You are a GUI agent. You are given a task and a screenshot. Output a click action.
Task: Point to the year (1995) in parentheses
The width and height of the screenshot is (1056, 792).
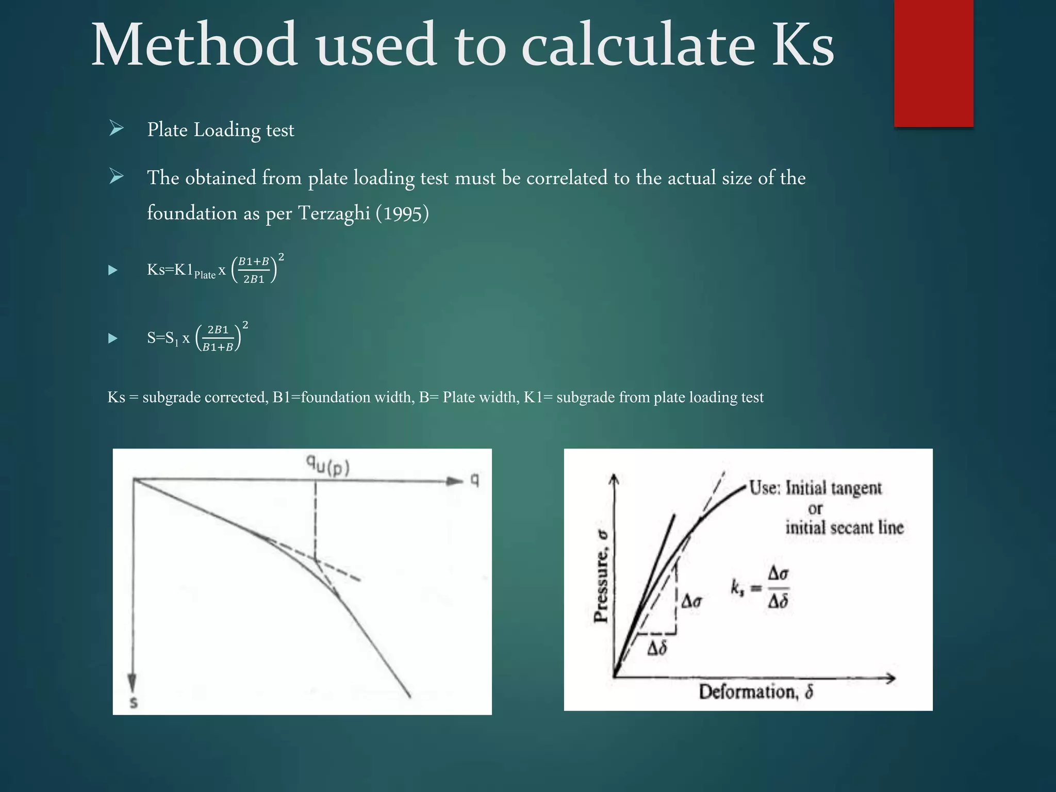402,213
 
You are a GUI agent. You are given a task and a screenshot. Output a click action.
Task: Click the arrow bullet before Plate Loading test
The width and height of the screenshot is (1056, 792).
117,129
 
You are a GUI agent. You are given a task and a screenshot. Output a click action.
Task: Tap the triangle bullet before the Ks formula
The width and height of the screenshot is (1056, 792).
113,270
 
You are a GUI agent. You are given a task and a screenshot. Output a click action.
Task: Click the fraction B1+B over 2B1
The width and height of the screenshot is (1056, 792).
254,270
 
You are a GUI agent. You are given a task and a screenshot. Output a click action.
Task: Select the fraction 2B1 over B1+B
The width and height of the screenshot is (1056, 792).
218,338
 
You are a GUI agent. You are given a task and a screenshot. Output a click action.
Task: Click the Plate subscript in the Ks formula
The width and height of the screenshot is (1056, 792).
205,275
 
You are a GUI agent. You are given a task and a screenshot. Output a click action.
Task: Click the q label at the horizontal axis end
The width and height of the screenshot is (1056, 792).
475,481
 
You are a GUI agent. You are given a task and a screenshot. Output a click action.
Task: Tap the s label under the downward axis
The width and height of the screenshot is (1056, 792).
134,702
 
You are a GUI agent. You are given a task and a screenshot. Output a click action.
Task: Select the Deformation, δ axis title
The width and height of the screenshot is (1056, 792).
756,691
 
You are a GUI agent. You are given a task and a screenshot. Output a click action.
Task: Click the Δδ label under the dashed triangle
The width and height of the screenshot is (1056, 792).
657,648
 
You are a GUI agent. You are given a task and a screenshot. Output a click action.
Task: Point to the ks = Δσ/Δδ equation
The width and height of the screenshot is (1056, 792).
760,587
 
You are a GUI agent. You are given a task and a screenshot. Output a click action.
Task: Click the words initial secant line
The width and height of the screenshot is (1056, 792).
844,527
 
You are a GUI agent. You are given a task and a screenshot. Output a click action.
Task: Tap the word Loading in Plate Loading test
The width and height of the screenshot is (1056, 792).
227,130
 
